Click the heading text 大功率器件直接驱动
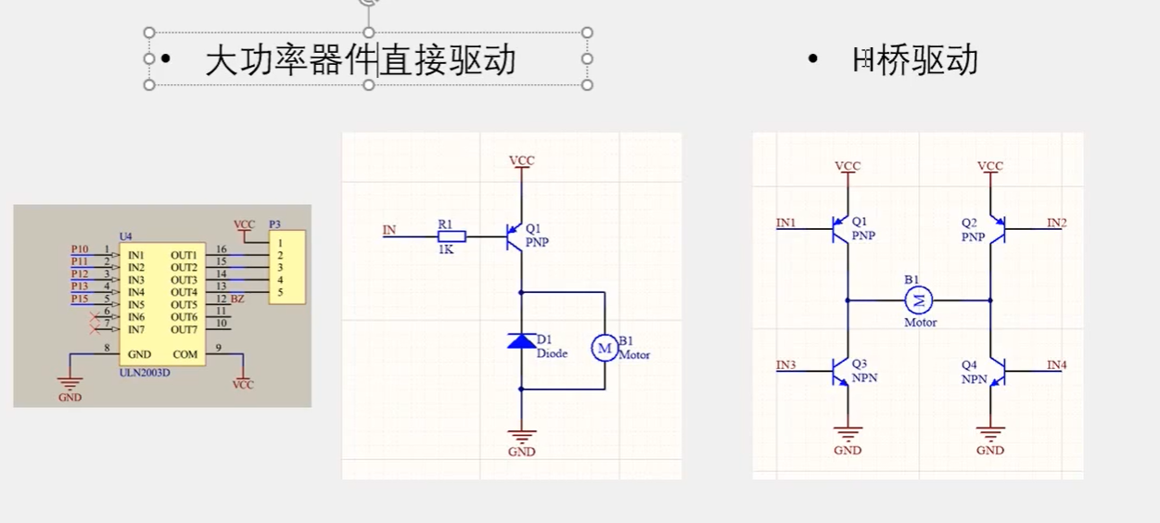(361, 60)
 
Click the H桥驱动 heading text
(915, 60)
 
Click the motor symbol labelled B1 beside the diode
(604, 348)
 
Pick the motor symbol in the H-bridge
(919, 300)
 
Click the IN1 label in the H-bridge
(786, 223)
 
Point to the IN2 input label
(1056, 223)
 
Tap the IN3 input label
(786, 365)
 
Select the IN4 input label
(1056, 365)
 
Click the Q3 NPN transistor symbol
(840, 372)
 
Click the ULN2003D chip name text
(145, 373)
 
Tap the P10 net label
(80, 249)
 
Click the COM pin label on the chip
(185, 354)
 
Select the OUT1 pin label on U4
(184, 254)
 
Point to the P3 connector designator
(274, 224)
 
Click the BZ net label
(237, 300)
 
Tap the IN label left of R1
(389, 229)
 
